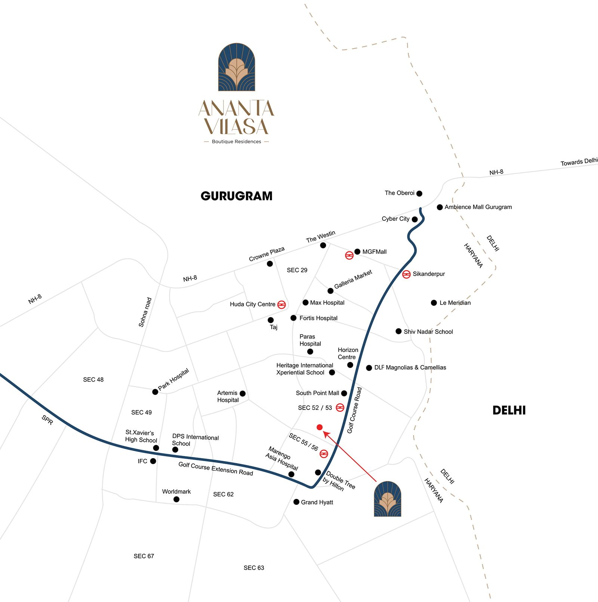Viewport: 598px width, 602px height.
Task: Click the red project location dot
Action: click(x=320, y=427)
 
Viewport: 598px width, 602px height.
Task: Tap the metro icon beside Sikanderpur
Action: click(x=406, y=274)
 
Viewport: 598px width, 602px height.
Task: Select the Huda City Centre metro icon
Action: click(x=281, y=305)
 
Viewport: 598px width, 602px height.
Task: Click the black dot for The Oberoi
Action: click(x=419, y=194)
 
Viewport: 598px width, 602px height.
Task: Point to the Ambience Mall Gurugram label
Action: click(x=478, y=207)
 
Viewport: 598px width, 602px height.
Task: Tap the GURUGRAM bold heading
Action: click(x=236, y=196)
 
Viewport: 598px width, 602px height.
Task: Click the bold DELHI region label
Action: click(x=509, y=410)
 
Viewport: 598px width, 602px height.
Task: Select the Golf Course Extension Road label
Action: click(x=216, y=469)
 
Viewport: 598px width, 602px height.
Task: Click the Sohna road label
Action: click(x=145, y=312)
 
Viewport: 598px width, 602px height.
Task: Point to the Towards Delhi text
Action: click(x=579, y=162)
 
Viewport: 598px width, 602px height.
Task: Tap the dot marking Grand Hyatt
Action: click(x=296, y=502)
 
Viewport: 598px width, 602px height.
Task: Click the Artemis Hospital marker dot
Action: click(x=243, y=393)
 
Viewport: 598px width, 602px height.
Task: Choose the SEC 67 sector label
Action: click(x=144, y=556)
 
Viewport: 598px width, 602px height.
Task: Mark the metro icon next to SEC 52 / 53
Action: click(x=340, y=408)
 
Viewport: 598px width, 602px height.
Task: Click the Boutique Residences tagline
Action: click(x=236, y=142)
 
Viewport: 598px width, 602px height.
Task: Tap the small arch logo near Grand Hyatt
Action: click(x=388, y=499)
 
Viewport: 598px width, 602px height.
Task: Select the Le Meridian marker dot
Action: click(x=434, y=303)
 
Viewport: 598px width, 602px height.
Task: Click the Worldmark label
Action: click(x=176, y=491)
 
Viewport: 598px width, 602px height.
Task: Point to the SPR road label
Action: click(x=47, y=420)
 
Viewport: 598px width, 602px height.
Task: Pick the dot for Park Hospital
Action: click(x=155, y=392)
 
